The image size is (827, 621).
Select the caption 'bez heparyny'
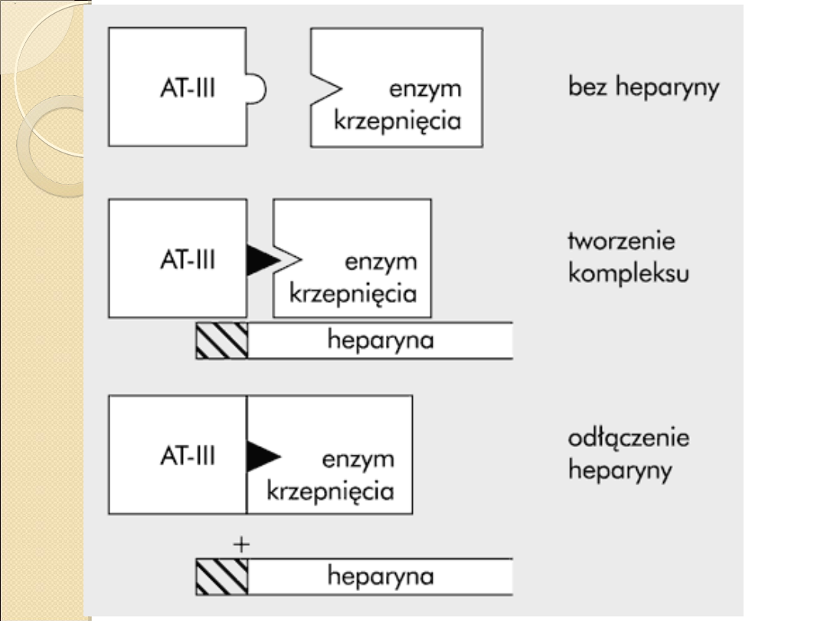(644, 87)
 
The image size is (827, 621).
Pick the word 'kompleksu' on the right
(628, 273)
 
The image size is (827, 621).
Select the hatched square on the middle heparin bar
(222, 341)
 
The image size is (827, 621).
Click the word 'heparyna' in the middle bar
(381, 341)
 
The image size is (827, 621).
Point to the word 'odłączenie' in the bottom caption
(629, 439)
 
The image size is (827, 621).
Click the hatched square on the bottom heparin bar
(222, 577)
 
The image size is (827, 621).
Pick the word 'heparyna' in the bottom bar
(381, 577)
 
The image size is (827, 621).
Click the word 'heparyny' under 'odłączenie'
(619, 469)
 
